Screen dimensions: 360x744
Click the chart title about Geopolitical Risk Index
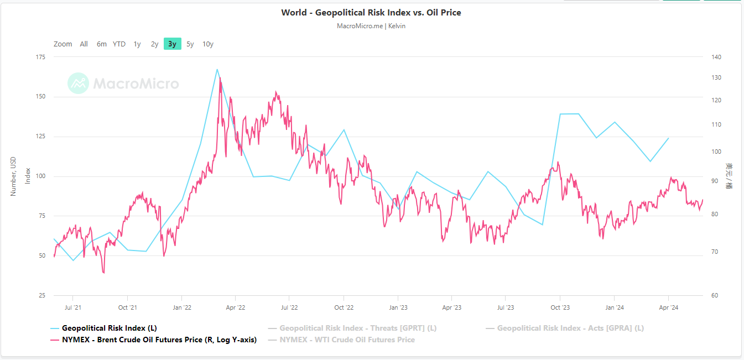pyautogui.click(x=371, y=13)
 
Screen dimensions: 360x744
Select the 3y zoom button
pyautogui.click(x=172, y=44)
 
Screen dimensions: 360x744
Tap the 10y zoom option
pyautogui.click(x=207, y=44)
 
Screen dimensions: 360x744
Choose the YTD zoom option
pyautogui.click(x=119, y=44)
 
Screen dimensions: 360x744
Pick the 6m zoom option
pyautogui.click(x=101, y=44)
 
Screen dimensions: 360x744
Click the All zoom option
pyautogui.click(x=84, y=44)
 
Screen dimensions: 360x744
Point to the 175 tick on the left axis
pyautogui.click(x=41, y=57)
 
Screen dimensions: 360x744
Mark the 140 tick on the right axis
pyautogui.click(x=716, y=57)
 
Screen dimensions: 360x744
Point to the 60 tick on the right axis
pyautogui.click(x=714, y=295)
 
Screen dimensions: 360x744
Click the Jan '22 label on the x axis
pyautogui.click(x=181, y=307)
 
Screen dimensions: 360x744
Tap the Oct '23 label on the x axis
pyautogui.click(x=560, y=307)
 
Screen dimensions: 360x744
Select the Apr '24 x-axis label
pyautogui.click(x=668, y=307)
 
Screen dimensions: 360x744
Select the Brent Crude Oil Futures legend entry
pyautogui.click(x=159, y=340)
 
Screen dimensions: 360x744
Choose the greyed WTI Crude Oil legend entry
pyautogui.click(x=347, y=340)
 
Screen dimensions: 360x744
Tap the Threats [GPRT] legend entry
pyautogui.click(x=358, y=328)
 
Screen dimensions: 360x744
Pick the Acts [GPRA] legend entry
pyautogui.click(x=570, y=328)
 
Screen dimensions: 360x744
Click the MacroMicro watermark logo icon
pyautogui.click(x=78, y=84)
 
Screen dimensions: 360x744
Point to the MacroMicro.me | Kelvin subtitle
pyautogui.click(x=371, y=26)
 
